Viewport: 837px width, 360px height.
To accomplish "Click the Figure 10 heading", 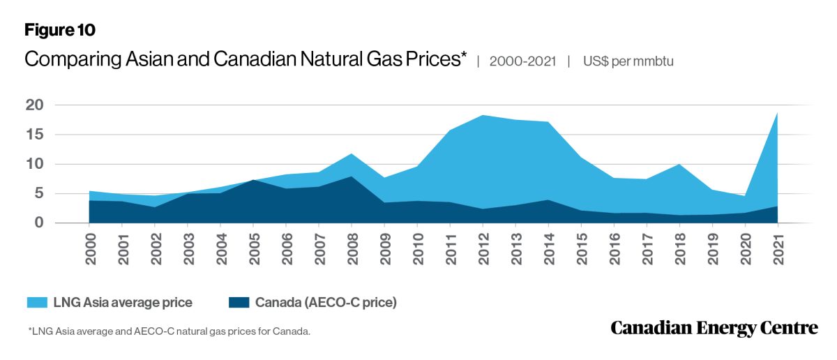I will (59, 30).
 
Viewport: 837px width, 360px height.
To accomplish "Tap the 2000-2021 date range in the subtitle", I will (522, 61).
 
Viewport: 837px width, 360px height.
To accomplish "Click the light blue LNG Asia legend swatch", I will (36, 303).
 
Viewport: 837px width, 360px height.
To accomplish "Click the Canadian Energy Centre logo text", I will (714, 329).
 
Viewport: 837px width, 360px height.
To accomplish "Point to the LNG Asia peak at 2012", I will (483, 116).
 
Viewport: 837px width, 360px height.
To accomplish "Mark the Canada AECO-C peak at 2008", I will (352, 177).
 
